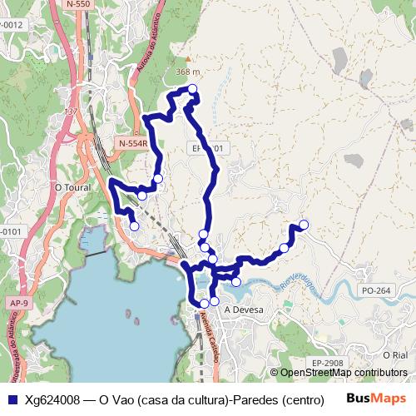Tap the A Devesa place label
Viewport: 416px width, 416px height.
pyautogui.click(x=244, y=310)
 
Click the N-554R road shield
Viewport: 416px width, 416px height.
pyautogui.click(x=132, y=143)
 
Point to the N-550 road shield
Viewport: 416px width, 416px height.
pyautogui.click(x=77, y=4)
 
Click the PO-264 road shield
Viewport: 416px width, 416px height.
pyautogui.click(x=376, y=290)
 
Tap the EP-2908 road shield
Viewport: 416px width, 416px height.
pyautogui.click(x=329, y=364)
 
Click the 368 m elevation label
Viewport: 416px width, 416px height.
pyautogui.click(x=189, y=72)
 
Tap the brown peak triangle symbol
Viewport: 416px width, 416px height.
pyautogui.click(x=189, y=59)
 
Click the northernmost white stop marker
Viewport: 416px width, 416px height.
pyautogui.click(x=192, y=89)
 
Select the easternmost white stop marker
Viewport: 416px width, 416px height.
pyautogui.click(x=304, y=224)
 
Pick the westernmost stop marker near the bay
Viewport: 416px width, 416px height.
pyautogui.click(x=134, y=225)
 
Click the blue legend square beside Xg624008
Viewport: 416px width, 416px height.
pyautogui.click(x=12, y=399)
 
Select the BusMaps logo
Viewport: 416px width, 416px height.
pyautogui.click(x=374, y=399)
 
